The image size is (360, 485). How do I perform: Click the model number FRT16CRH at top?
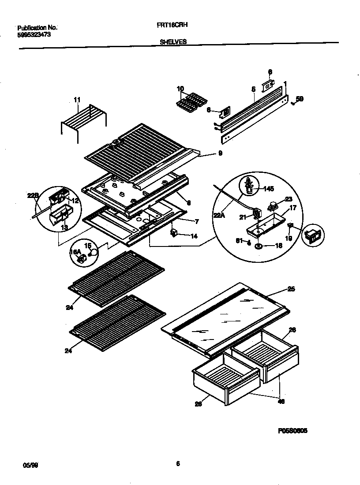coord(169,26)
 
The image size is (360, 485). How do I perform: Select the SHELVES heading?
coord(173,41)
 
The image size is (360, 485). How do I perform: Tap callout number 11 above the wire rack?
coord(77,101)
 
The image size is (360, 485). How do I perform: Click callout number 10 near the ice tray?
coord(180,89)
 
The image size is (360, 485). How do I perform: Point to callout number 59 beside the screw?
coord(300,99)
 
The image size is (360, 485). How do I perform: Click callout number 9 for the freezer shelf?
coord(219,153)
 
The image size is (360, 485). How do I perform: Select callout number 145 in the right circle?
coord(269,189)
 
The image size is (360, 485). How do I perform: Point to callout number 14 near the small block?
coord(194,236)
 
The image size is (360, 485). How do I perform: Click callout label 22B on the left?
coord(33,196)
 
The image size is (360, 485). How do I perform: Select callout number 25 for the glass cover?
coord(291,289)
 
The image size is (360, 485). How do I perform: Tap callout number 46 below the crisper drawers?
coord(281,402)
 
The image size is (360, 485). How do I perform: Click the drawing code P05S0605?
coord(292,431)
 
